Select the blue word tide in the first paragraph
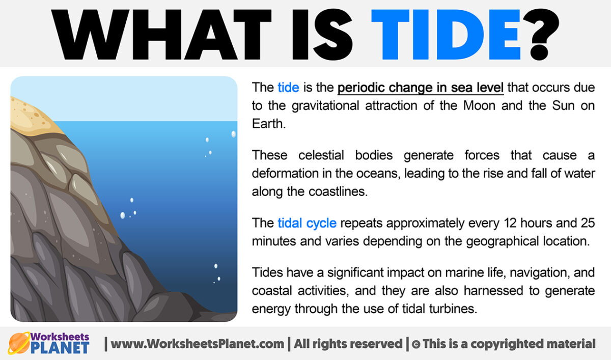[288, 88]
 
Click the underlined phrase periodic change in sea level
[421, 88]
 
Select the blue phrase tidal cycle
[307, 223]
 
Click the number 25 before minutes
[586, 223]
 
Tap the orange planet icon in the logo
[19, 343]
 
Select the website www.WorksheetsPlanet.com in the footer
[198, 344]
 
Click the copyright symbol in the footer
[416, 344]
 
